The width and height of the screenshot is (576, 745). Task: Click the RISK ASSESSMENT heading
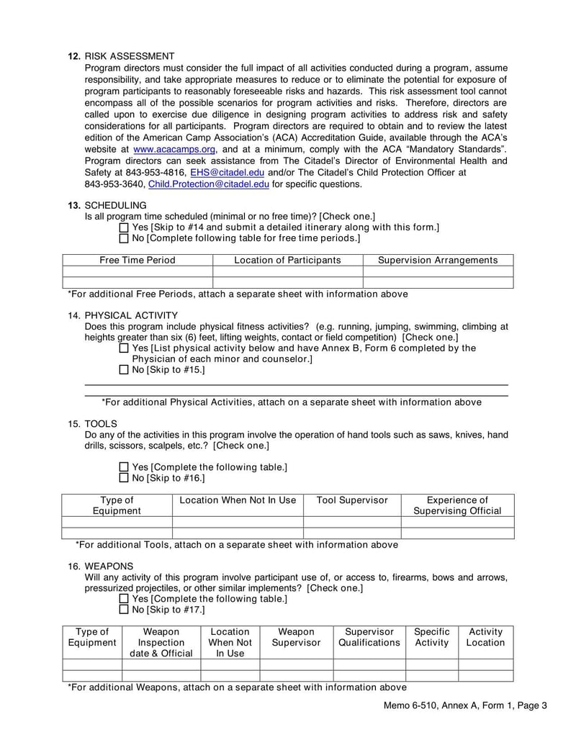point(129,56)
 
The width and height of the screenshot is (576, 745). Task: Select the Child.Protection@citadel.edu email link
point(209,184)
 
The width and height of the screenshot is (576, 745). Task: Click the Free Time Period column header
point(137,260)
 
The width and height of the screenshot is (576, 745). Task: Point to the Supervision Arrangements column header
point(438,260)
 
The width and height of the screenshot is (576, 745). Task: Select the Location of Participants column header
point(287,260)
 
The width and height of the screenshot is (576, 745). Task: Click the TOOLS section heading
point(100,424)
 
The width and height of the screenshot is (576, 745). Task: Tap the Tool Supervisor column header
point(352,500)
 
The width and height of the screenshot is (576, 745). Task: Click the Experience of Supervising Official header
point(457,505)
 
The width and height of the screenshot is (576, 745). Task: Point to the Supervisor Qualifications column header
point(369,637)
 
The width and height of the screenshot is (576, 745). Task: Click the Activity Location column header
point(485,637)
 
